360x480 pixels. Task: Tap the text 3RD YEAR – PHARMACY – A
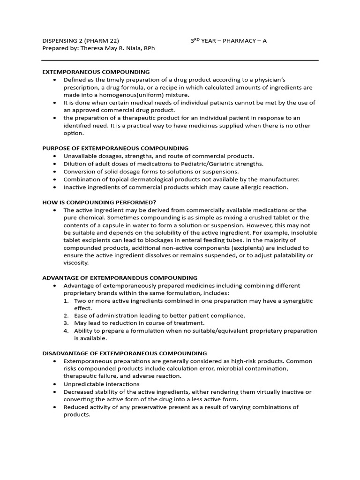(228, 41)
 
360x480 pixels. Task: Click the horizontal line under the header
(180, 60)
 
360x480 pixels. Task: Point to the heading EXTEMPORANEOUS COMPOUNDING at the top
(96, 72)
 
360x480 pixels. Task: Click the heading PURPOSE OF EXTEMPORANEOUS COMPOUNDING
(115, 148)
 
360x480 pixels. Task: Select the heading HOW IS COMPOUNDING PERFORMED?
(99, 202)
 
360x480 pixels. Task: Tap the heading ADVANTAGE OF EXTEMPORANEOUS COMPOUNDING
(120, 278)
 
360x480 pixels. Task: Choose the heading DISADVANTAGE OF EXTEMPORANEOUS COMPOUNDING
(125, 353)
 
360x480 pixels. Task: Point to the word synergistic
(295, 301)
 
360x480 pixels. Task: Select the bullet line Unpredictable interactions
(101, 384)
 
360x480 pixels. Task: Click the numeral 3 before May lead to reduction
(66, 323)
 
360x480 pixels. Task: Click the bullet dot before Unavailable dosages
(55, 156)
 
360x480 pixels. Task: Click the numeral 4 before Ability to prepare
(66, 331)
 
